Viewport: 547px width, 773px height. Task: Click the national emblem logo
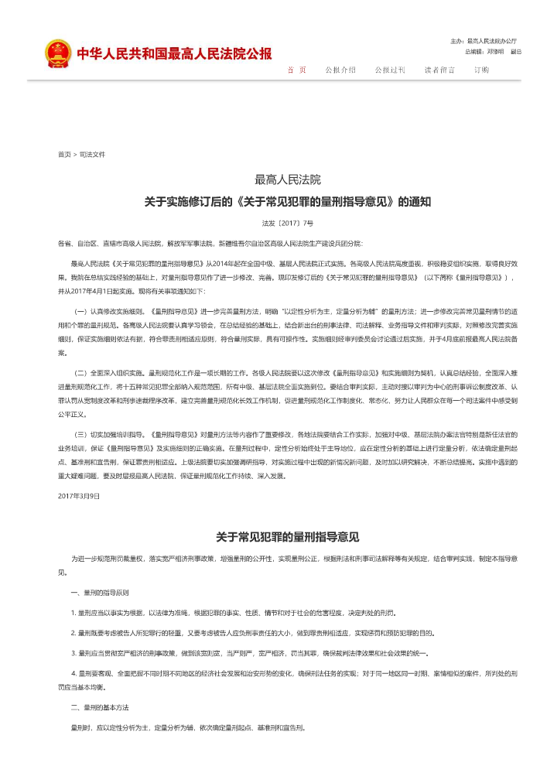[56, 53]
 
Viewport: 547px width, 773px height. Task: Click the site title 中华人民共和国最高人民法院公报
[174, 54]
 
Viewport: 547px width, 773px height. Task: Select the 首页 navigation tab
[296, 70]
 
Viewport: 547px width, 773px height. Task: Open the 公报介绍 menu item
[340, 70]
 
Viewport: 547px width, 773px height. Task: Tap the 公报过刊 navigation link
[390, 70]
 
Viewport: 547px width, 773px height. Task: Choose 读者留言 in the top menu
[439, 70]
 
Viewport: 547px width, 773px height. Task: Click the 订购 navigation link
[481, 70]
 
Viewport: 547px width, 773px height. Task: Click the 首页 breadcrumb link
[64, 155]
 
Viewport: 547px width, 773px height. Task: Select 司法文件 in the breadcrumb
[92, 155]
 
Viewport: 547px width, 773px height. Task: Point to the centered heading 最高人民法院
[288, 180]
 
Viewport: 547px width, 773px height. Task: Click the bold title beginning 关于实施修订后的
[288, 202]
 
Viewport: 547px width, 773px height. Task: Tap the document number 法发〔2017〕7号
[288, 223]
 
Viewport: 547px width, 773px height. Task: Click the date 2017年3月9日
[79, 495]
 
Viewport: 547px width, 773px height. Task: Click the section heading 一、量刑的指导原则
[100, 593]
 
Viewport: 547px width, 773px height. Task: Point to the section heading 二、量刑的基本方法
[100, 708]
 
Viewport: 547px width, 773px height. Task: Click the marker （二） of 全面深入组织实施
[80, 372]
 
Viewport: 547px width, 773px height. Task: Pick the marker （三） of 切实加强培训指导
[80, 434]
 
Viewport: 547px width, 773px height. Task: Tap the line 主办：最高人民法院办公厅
[484, 40]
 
